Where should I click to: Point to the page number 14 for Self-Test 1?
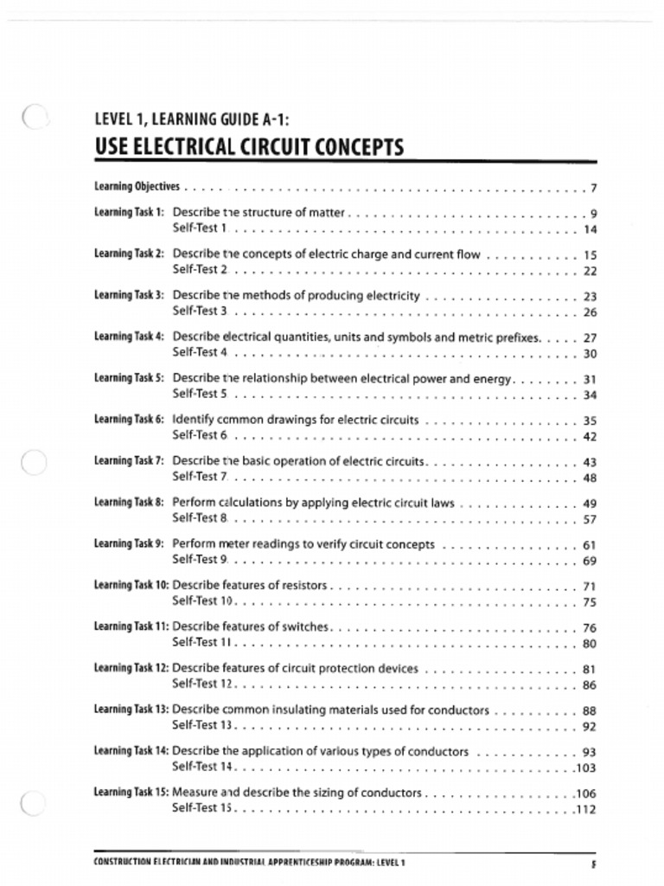590,229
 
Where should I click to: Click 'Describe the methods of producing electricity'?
296,296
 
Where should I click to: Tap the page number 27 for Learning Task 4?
590,338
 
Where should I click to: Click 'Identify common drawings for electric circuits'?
295,420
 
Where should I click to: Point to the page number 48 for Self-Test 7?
590,478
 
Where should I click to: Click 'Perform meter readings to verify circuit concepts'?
303,544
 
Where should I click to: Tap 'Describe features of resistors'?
250,586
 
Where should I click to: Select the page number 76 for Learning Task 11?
590,628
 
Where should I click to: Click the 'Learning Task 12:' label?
131,669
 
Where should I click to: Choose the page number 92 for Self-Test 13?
590,727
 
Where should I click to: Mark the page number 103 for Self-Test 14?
586,767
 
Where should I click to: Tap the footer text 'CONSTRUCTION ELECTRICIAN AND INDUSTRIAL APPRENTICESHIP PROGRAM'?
249,862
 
